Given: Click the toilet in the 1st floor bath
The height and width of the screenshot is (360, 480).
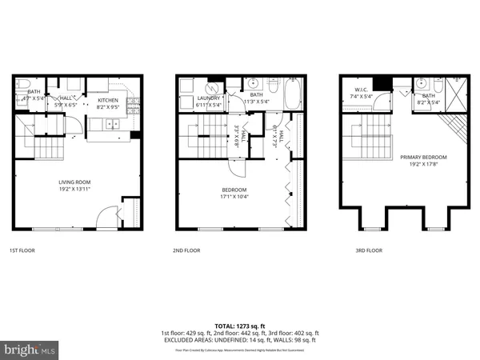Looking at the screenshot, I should click(23, 84).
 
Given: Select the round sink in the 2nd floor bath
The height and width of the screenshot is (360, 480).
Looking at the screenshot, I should click(252, 83).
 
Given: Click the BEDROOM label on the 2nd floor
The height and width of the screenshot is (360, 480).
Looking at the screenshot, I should click(234, 190).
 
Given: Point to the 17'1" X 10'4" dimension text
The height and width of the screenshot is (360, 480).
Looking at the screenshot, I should click(234, 197).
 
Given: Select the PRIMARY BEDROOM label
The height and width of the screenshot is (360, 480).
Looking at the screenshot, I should click(423, 157).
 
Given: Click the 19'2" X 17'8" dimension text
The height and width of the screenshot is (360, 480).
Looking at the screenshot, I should click(423, 163).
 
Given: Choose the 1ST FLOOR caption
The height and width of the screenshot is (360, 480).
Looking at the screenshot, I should click(22, 250).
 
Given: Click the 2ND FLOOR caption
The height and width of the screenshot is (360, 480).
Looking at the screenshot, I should click(186, 250).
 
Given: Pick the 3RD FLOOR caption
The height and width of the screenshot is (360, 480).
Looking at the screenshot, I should click(370, 250).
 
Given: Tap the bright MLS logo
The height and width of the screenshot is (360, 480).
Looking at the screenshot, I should click(30, 350).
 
